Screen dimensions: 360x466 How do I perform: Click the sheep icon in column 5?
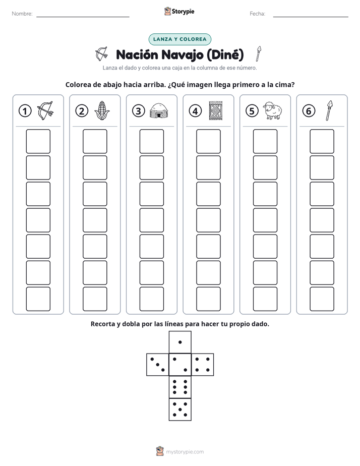point(273,110)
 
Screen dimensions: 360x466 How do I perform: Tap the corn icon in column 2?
point(102,110)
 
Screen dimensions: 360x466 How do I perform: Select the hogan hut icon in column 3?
point(159,110)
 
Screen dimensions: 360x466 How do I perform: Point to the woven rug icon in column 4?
point(216,110)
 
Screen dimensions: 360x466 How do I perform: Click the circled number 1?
point(25,111)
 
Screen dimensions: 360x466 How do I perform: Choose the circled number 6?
point(309,111)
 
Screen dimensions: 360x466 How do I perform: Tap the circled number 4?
point(195,111)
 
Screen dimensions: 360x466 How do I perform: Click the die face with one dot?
point(180,342)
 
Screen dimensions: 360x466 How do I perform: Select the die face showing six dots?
point(180,387)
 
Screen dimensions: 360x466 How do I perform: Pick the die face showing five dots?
point(180,410)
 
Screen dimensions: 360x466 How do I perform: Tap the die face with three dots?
point(158,365)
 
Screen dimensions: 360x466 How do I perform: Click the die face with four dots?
point(203,365)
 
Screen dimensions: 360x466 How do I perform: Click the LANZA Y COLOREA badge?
point(179,39)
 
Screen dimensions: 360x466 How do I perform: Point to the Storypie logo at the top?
point(179,11)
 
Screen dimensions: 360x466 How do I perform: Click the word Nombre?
point(22,14)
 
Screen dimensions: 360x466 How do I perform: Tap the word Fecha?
point(257,14)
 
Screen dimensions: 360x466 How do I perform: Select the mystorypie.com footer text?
point(185,452)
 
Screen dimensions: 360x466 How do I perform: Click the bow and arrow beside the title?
point(101,53)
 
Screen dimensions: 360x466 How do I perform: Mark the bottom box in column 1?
point(38,299)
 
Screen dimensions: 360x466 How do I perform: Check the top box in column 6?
point(322,141)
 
